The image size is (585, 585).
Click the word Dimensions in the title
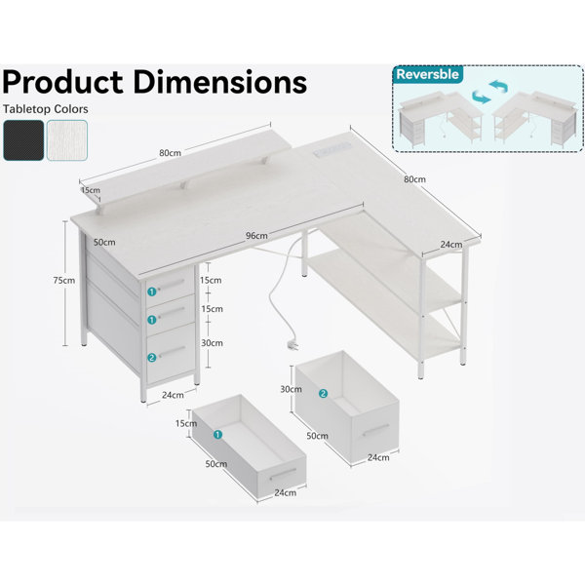point(220,82)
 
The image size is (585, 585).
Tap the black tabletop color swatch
point(23,140)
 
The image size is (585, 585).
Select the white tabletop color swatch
point(67,140)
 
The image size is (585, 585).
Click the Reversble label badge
point(428,74)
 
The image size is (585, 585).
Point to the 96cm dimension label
point(256,236)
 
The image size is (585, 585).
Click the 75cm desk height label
point(63,280)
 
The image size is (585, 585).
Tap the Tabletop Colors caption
point(46,109)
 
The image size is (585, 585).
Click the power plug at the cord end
point(293,345)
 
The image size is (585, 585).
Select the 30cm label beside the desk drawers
point(212,343)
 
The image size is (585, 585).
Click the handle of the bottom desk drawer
point(173,351)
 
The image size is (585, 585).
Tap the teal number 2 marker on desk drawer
point(151,358)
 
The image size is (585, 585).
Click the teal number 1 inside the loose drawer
point(217,435)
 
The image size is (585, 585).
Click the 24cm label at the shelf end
point(451,245)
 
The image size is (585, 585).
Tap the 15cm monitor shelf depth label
point(91,190)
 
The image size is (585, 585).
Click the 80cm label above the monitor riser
point(170,153)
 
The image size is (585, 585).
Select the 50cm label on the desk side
point(104,243)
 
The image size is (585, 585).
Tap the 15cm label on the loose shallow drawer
point(186,423)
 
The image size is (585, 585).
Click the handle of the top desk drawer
point(172,285)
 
